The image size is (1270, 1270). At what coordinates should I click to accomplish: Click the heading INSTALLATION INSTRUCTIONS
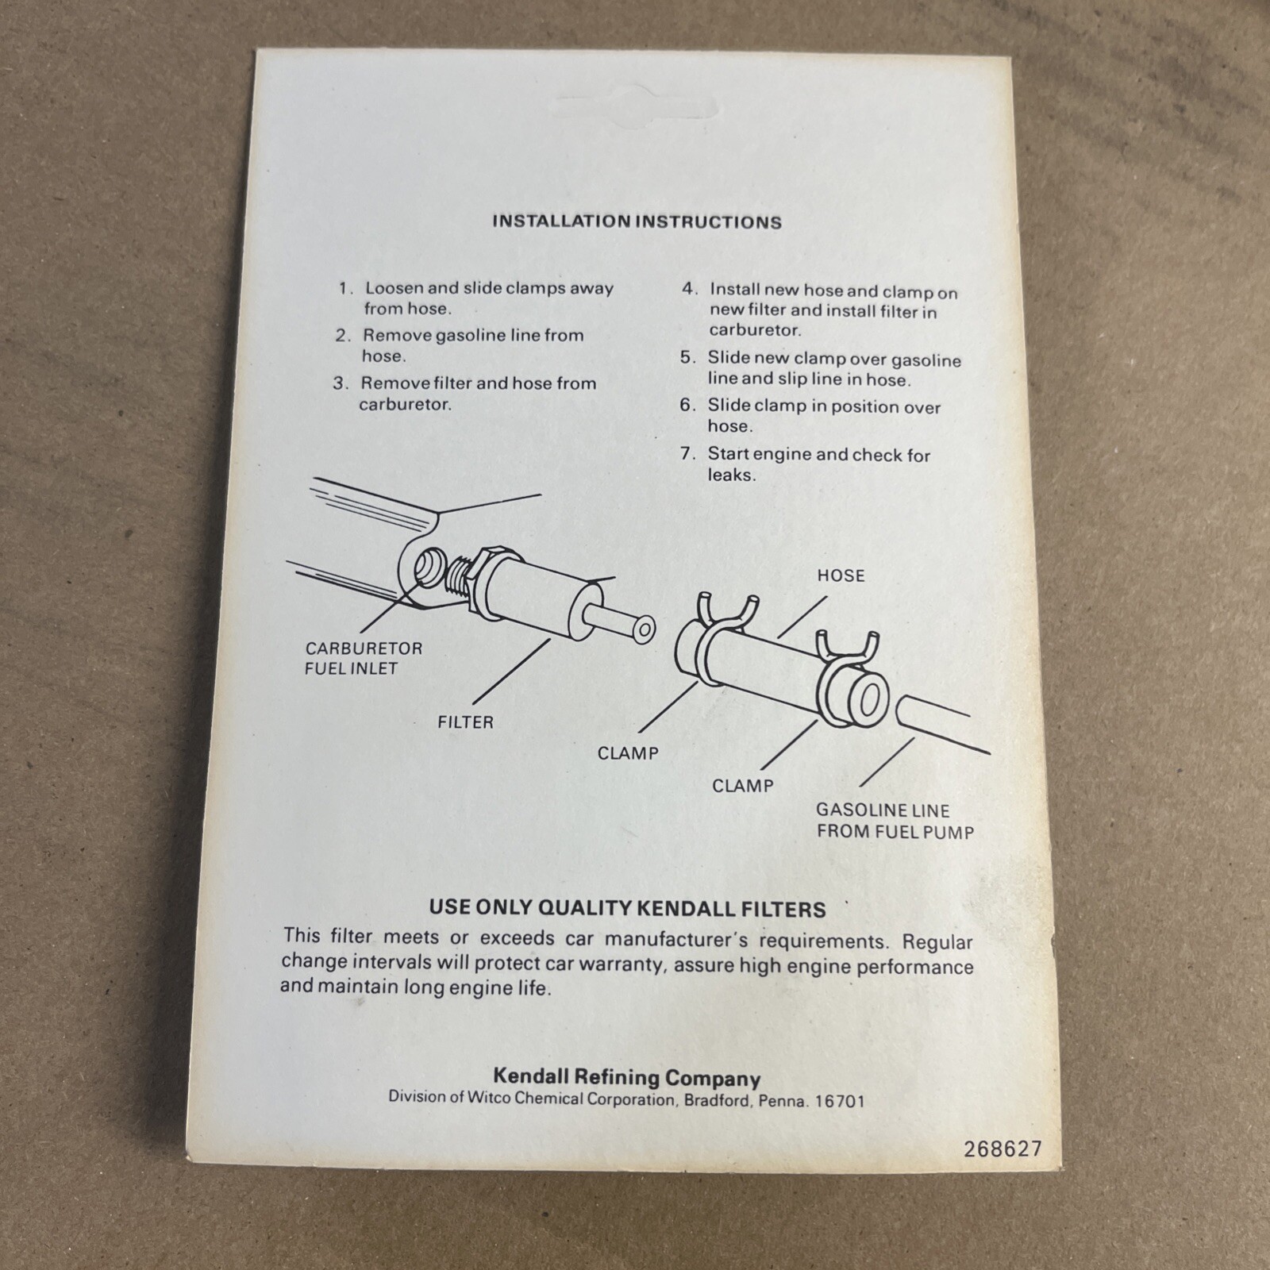(637, 221)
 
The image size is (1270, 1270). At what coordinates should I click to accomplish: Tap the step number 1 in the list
(344, 289)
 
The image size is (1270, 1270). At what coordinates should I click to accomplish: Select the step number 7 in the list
(687, 454)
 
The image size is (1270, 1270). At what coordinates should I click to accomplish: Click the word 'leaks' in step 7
(729, 475)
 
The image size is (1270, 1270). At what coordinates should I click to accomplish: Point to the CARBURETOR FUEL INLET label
(364, 658)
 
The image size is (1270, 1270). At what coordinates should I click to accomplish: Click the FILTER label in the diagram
(465, 722)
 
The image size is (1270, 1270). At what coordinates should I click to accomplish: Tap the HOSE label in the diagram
(841, 575)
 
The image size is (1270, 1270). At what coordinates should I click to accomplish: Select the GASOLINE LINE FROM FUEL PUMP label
(895, 821)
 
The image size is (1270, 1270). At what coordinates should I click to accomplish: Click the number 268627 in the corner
(1003, 1149)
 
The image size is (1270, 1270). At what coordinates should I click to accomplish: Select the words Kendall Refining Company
(627, 1077)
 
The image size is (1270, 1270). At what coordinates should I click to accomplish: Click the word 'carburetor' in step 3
(405, 404)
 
